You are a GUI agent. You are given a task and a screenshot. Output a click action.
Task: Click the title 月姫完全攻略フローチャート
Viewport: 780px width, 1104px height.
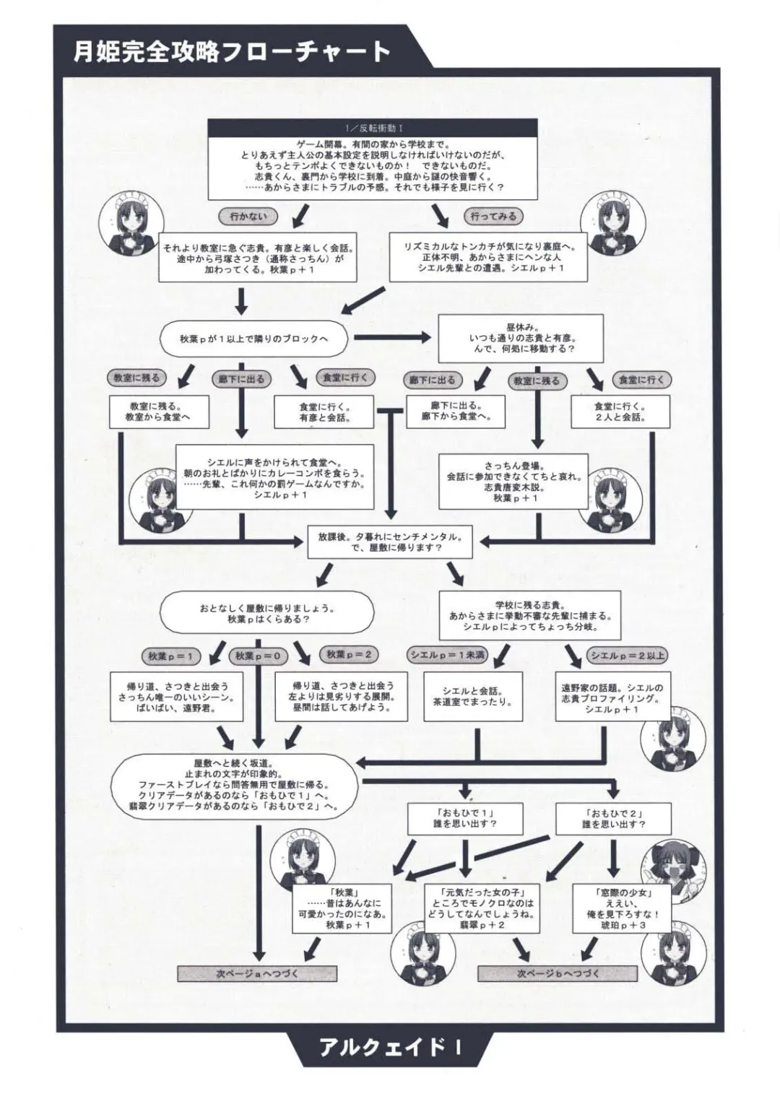click(232, 52)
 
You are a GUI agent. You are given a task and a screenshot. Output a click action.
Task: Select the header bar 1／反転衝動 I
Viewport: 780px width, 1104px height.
click(373, 128)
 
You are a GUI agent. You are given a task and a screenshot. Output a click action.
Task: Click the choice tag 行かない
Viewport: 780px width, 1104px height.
click(248, 216)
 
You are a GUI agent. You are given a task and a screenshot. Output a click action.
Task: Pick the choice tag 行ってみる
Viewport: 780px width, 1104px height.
click(493, 216)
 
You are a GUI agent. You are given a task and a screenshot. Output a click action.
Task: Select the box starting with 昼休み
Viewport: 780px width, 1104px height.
click(521, 337)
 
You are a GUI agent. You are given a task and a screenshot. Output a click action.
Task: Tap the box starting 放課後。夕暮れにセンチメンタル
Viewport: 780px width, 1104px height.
click(390, 542)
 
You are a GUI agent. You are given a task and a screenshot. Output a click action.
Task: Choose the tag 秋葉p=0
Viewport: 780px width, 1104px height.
click(259, 656)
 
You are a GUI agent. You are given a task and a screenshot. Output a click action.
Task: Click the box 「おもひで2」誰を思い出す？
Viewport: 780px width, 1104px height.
click(613, 818)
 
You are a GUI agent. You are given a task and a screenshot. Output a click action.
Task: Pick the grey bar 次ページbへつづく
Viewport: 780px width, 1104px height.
click(558, 973)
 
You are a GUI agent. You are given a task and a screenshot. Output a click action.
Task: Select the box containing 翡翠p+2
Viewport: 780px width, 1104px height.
click(482, 908)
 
